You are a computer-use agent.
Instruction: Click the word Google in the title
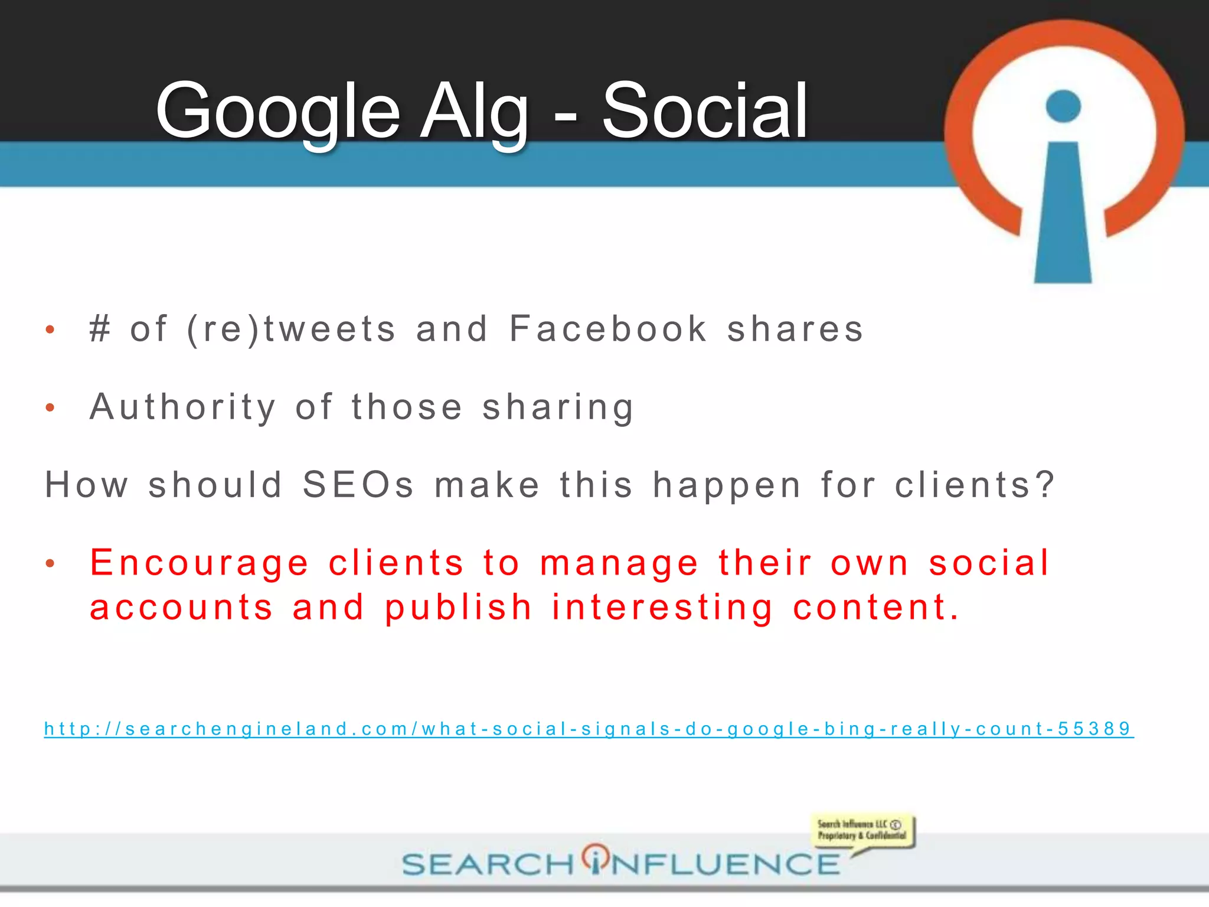pyautogui.click(x=277, y=112)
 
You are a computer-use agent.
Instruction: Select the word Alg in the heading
pyautogui.click(x=475, y=112)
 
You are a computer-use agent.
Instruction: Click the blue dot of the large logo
pyautogui.click(x=1063, y=106)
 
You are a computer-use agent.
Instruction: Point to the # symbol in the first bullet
pyautogui.click(x=100, y=329)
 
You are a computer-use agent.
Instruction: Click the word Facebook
pyautogui.click(x=608, y=329)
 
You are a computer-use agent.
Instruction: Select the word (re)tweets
pyautogui.click(x=291, y=329)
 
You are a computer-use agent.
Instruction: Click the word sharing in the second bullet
pyautogui.click(x=558, y=407)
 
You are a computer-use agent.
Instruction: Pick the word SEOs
pyautogui.click(x=358, y=485)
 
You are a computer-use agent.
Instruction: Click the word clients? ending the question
pyautogui.click(x=975, y=485)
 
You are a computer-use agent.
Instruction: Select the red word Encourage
pyautogui.click(x=200, y=563)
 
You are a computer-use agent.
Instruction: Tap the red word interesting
pyautogui.click(x=662, y=608)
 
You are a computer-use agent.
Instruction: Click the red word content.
pyautogui.click(x=876, y=608)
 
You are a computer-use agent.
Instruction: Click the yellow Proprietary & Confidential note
pyautogui.click(x=862, y=830)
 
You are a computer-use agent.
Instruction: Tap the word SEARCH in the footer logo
pyautogui.click(x=488, y=864)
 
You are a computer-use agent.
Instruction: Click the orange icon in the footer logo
pyautogui.click(x=596, y=858)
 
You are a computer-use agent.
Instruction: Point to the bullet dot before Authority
pyautogui.click(x=50, y=407)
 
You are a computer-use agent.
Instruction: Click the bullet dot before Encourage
pyautogui.click(x=50, y=564)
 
